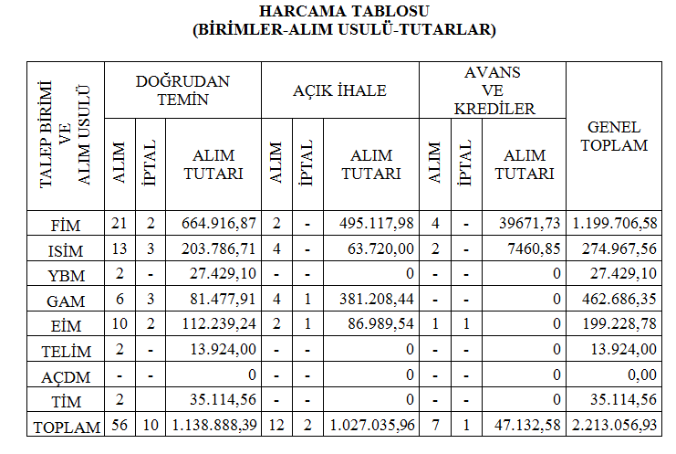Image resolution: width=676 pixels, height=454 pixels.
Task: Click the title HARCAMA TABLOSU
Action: pos(338,12)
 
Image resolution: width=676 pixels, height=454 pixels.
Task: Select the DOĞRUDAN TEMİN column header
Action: pos(183,90)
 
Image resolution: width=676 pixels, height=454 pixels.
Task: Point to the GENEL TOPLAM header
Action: pos(614,136)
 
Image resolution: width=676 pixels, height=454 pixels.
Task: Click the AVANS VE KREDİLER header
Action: pos(494,90)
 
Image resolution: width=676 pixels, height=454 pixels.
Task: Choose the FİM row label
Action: pos(65,224)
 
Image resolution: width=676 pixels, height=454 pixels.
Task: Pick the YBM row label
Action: pos(65,274)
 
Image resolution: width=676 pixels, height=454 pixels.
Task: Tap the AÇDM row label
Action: pos(65,376)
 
